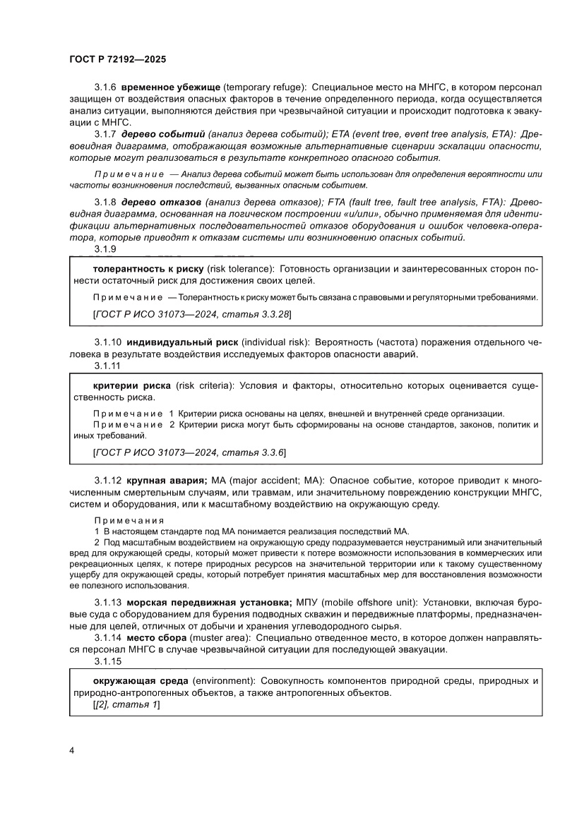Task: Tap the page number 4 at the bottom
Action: coord(72,749)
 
